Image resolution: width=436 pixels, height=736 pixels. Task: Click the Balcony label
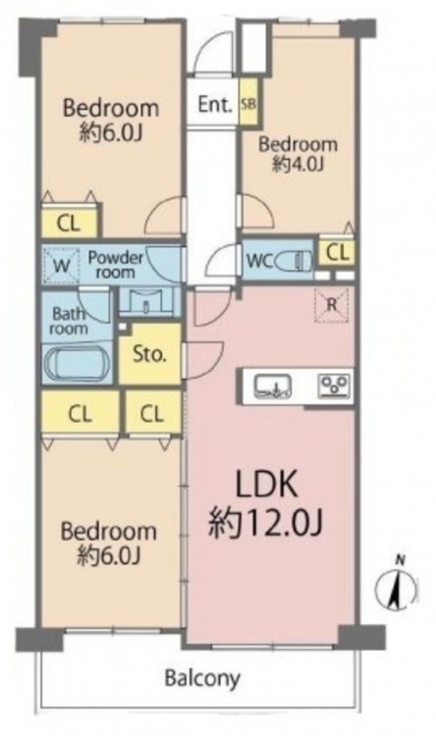point(202,678)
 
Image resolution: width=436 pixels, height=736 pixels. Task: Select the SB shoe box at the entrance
point(248,102)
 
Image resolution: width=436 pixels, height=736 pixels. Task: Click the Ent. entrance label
point(215,104)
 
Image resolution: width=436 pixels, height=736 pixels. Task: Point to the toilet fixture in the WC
point(295,260)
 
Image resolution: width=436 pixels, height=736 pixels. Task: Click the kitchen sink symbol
point(273,386)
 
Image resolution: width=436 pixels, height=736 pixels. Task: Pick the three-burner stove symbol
point(334,386)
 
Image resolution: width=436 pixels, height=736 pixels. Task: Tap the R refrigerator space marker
point(332,305)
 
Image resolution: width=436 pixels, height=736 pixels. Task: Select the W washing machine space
point(61,265)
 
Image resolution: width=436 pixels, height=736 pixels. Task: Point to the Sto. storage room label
point(149,354)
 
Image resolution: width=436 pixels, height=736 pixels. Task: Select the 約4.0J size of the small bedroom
point(298,164)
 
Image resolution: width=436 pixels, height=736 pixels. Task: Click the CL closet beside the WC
point(338,252)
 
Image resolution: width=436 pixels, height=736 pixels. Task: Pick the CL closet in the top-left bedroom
point(69,224)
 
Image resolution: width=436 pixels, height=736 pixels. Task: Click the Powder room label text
point(116,264)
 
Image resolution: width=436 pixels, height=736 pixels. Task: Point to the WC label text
point(259,260)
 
